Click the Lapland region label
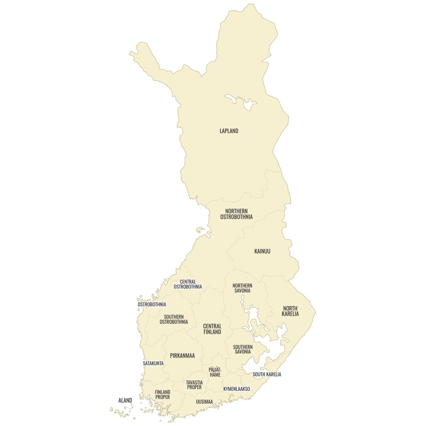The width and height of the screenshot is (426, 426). tap(229, 131)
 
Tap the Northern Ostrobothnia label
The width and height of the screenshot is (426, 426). tap(236, 214)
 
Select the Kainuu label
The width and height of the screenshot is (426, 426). tap(262, 251)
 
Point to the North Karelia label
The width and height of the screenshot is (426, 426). tap(290, 311)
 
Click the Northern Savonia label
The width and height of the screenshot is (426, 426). tap(242, 288)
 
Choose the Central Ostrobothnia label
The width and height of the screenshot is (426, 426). tap(188, 284)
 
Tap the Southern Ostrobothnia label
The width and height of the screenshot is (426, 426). tap(174, 319)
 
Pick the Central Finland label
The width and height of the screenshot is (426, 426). tap(212, 329)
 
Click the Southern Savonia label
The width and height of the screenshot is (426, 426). tap(243, 349)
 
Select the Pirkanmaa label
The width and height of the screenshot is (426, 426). tap(182, 356)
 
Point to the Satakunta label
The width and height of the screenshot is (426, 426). tap(153, 364)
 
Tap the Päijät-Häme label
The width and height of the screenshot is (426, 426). tap(215, 372)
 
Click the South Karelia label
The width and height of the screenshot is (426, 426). tap(267, 375)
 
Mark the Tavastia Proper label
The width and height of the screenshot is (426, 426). tap(195, 385)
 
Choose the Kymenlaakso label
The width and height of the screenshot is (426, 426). tap(236, 389)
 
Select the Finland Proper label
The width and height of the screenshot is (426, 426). tap(163, 395)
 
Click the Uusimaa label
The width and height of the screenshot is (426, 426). tap(204, 402)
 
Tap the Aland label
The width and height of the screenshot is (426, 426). tap(125, 400)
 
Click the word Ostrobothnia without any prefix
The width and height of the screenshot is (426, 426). tap(152, 305)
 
